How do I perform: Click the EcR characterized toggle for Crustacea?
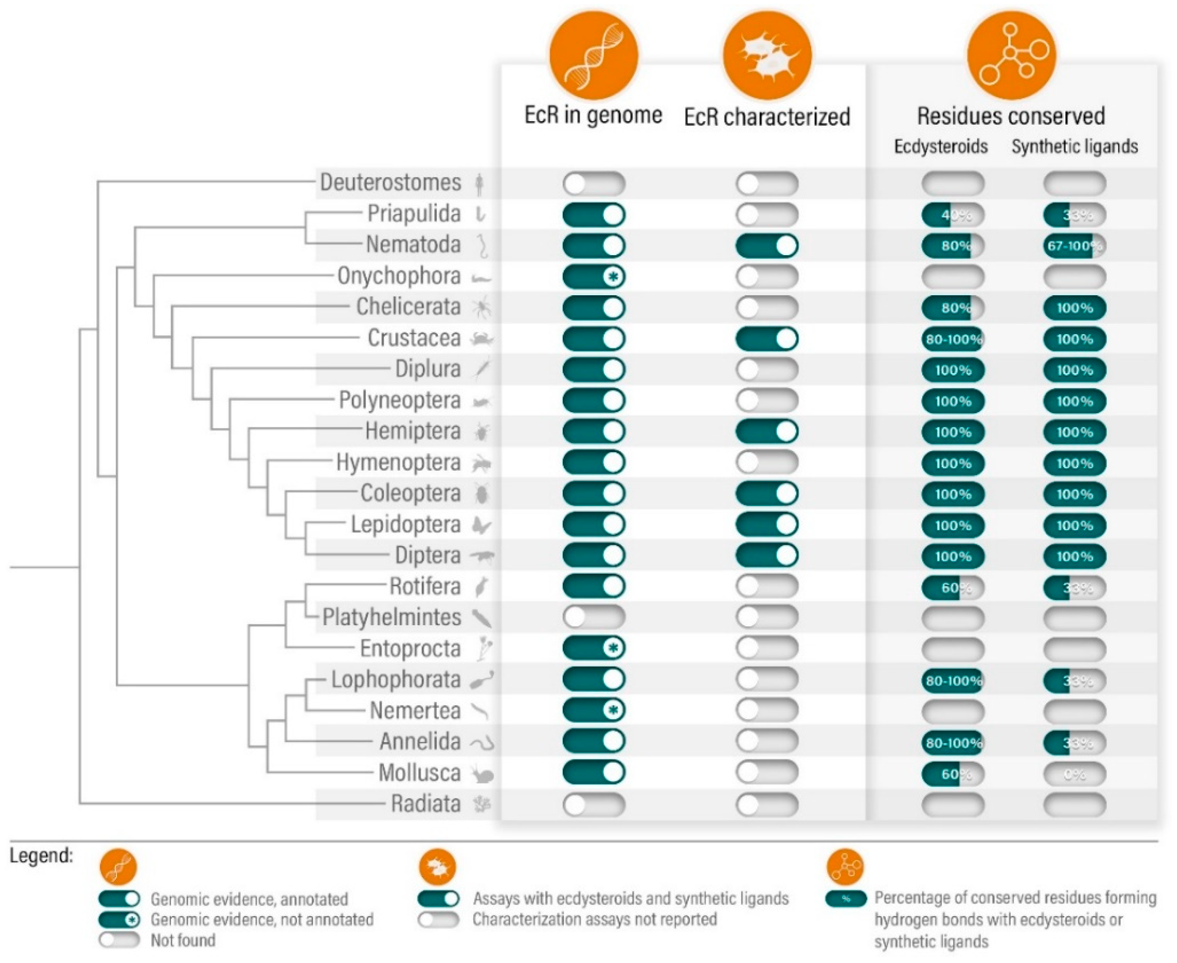click(767, 338)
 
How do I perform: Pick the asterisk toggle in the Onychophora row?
click(593, 276)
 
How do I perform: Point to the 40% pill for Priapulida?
click(953, 215)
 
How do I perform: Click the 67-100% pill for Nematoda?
click(1074, 246)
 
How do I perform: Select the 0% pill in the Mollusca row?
click(1074, 774)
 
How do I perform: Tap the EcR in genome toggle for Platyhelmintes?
click(593, 617)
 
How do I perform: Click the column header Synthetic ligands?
click(1074, 147)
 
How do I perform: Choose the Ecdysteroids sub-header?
click(940, 147)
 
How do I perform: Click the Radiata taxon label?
click(425, 804)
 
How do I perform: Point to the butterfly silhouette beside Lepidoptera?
click(481, 525)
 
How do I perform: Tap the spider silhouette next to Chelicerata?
click(481, 307)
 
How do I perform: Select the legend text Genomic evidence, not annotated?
click(262, 920)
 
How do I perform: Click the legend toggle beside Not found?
click(119, 940)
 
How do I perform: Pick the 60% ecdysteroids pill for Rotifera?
click(953, 588)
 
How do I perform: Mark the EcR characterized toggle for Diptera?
click(767, 555)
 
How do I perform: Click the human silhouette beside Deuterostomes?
click(480, 184)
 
